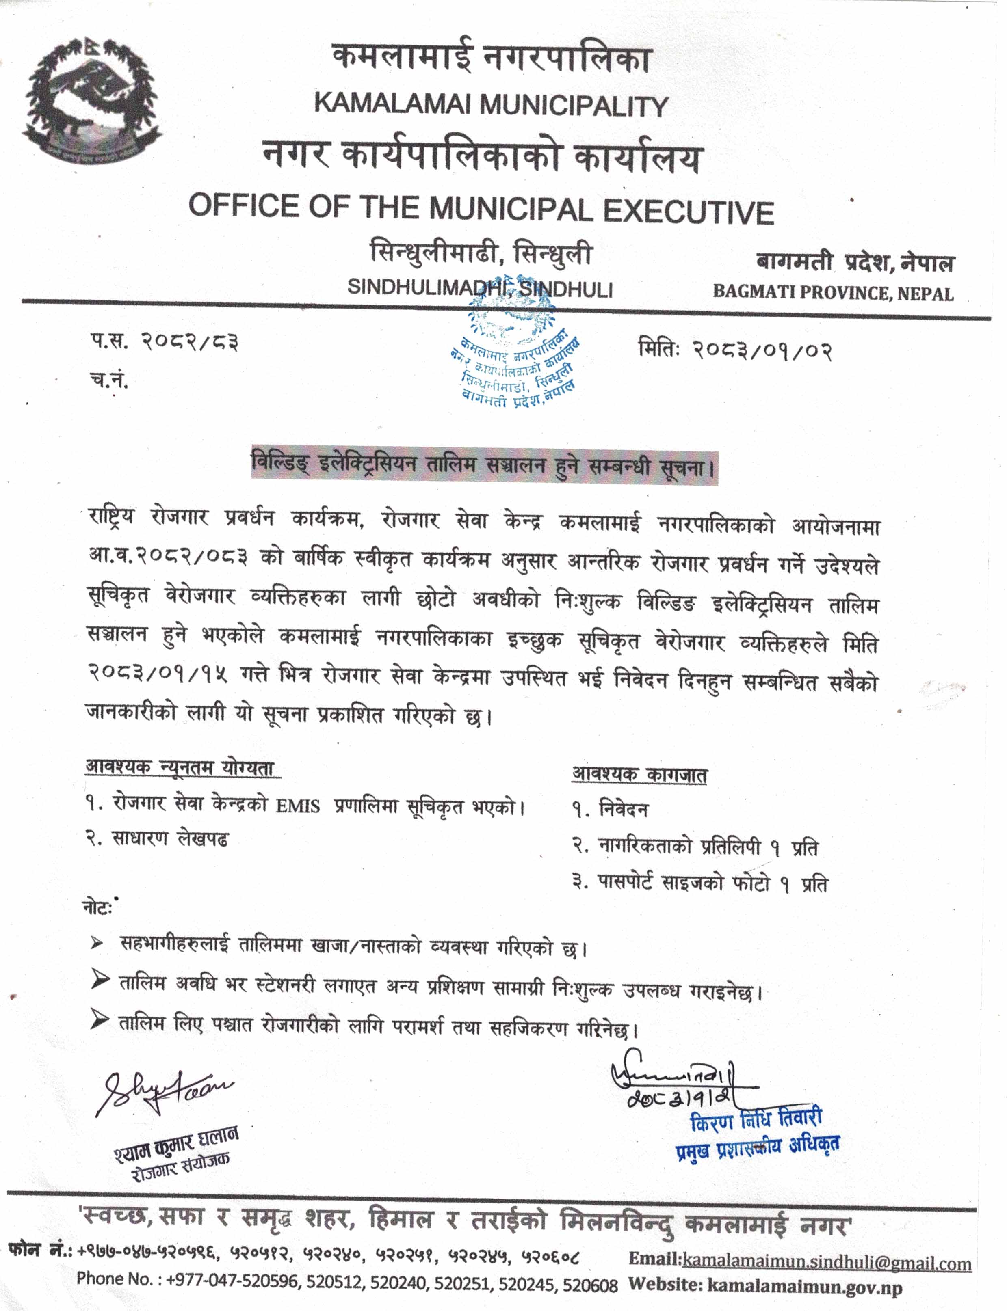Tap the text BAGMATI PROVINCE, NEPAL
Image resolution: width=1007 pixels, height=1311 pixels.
pos(833,293)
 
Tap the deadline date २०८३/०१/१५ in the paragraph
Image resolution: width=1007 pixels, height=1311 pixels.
pos(158,675)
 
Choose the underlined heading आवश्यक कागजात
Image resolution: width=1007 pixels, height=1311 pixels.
pos(639,774)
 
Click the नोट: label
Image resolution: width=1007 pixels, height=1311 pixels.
pos(98,908)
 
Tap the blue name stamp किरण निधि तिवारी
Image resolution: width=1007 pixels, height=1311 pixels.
pos(756,1119)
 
